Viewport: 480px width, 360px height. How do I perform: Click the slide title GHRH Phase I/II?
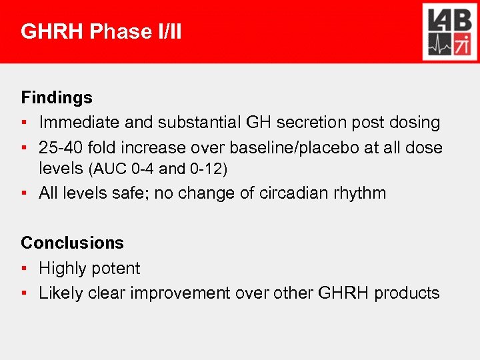point(101,31)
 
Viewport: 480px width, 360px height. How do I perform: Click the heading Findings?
point(57,97)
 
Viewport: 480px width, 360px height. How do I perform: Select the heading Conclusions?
point(72,243)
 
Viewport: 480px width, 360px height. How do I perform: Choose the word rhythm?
point(361,193)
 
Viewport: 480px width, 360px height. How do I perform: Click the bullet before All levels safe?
point(24,194)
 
